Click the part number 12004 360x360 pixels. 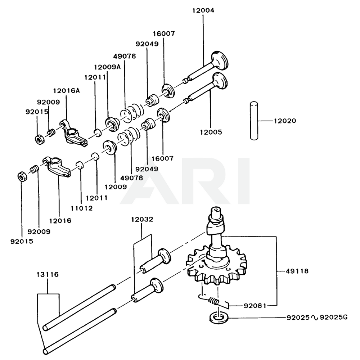tap(203, 10)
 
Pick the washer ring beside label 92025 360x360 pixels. tap(218, 317)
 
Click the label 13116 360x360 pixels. tap(48, 275)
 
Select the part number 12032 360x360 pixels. tap(142, 219)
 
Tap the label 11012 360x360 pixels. tap(81, 208)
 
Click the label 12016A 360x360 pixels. tap(67, 91)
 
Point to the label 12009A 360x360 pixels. tap(108, 67)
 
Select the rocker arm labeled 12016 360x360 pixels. tap(58, 167)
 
